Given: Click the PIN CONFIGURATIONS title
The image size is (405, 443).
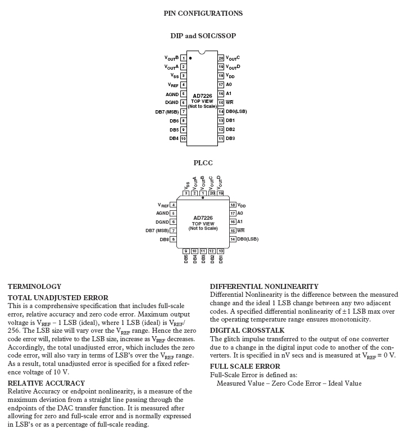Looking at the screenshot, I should [x=203, y=13].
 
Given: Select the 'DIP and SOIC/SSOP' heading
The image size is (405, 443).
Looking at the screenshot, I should [x=203, y=36].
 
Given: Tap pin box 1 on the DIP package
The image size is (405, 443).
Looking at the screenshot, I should [x=184, y=58].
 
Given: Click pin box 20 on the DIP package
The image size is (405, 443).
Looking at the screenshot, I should [x=221, y=58].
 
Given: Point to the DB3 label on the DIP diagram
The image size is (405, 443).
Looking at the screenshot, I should [x=230, y=138].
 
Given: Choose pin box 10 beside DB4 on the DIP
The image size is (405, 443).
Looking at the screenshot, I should [x=184, y=138].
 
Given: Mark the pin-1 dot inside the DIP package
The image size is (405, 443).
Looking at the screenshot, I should [x=191, y=58].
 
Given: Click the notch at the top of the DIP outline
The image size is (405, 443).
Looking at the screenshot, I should [x=202, y=53].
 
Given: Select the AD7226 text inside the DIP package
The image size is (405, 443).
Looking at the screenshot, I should [x=202, y=96].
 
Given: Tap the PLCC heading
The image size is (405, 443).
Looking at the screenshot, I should [x=203, y=163].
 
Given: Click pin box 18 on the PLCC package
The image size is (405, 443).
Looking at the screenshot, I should [x=233, y=205].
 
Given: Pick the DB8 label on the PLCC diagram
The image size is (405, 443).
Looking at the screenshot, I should [x=164, y=239].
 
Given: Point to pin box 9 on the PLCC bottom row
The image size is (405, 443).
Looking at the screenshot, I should [x=186, y=251].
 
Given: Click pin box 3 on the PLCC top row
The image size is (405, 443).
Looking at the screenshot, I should [x=186, y=193].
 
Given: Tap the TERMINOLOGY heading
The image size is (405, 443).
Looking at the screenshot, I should [x=35, y=286].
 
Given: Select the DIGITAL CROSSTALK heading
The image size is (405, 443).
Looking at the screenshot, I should [x=247, y=331].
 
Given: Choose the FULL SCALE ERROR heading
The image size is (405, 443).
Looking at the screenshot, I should [x=245, y=366].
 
